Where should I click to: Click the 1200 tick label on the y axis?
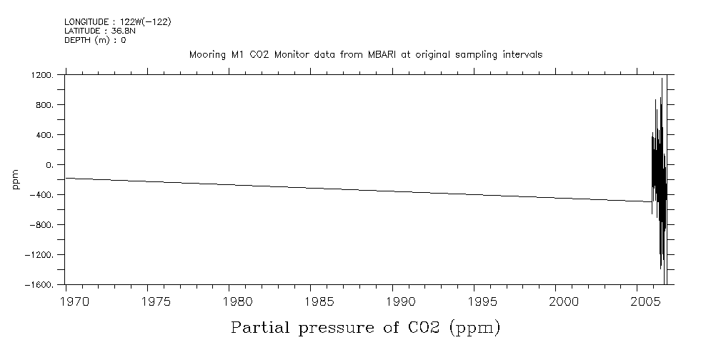point(41,75)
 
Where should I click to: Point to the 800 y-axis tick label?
point(44,105)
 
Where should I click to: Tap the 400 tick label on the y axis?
point(44,135)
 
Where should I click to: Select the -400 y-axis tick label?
point(42,195)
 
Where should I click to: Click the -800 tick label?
point(42,225)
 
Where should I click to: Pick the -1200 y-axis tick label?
point(40,255)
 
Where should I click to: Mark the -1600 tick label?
point(40,285)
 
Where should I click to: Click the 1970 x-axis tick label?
point(74,301)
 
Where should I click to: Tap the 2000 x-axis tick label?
point(560,301)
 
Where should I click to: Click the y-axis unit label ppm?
point(16,180)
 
